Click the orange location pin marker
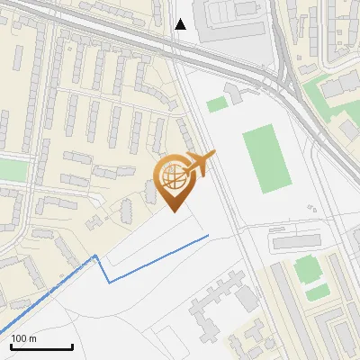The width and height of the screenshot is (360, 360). pyautogui.click(x=175, y=180)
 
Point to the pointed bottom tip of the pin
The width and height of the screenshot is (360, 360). pyautogui.click(x=175, y=212)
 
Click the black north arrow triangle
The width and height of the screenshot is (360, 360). pyautogui.click(x=181, y=24)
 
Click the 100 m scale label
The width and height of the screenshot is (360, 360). pyautogui.click(x=24, y=338)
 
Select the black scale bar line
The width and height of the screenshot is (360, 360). pyautogui.click(x=41, y=346)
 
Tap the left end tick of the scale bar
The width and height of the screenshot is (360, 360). pyautogui.click(x=11, y=345)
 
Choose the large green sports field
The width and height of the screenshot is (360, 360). pyautogui.click(x=266, y=158)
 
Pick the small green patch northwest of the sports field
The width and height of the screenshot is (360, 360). pyautogui.click(x=216, y=104)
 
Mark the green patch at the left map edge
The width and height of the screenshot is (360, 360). pyautogui.click(x=12, y=169)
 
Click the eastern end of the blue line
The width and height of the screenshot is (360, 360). pyautogui.click(x=208, y=236)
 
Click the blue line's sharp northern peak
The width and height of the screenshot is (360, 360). pyautogui.click(x=96, y=256)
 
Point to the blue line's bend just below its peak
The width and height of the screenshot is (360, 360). pyautogui.click(x=110, y=281)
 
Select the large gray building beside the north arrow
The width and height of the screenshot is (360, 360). pyautogui.click(x=231, y=21)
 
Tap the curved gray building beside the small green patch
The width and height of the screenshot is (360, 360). pyautogui.click(x=235, y=92)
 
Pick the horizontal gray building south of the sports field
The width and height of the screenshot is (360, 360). pyautogui.click(x=296, y=241)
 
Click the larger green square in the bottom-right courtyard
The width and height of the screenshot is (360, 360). pyautogui.click(x=307, y=267)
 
